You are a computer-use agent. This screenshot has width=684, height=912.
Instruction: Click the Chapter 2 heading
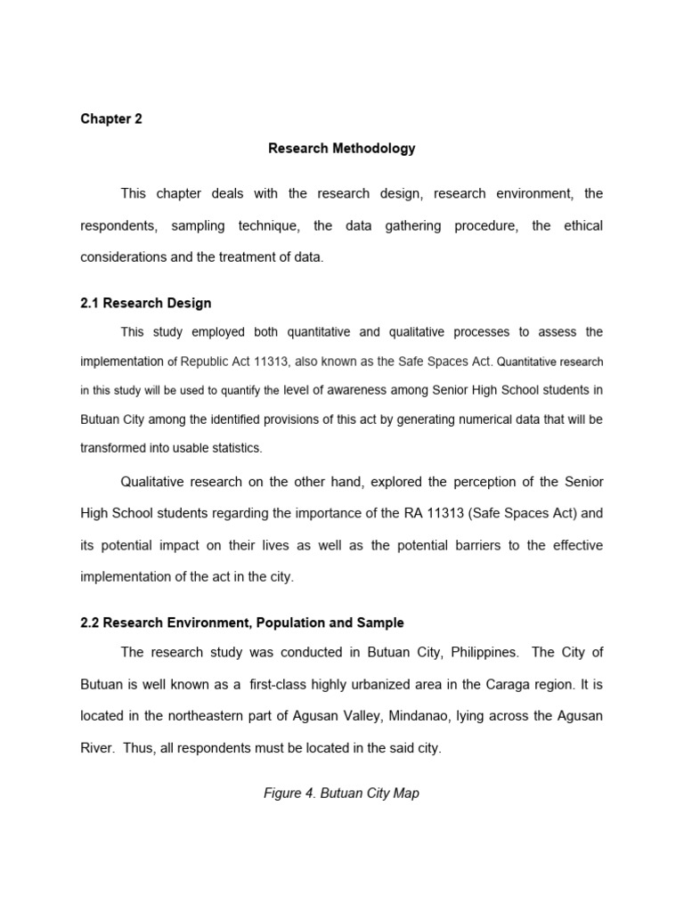click(111, 119)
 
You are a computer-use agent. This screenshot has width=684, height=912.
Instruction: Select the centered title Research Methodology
click(341, 149)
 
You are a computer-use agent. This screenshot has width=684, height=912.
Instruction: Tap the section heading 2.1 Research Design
click(146, 303)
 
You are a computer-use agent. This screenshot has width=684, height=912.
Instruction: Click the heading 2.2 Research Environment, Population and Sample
click(242, 623)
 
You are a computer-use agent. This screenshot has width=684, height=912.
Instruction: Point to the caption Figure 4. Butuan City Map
click(341, 793)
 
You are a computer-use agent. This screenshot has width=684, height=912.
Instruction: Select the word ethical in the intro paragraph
click(582, 226)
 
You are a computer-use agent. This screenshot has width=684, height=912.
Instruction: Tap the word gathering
click(400, 226)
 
